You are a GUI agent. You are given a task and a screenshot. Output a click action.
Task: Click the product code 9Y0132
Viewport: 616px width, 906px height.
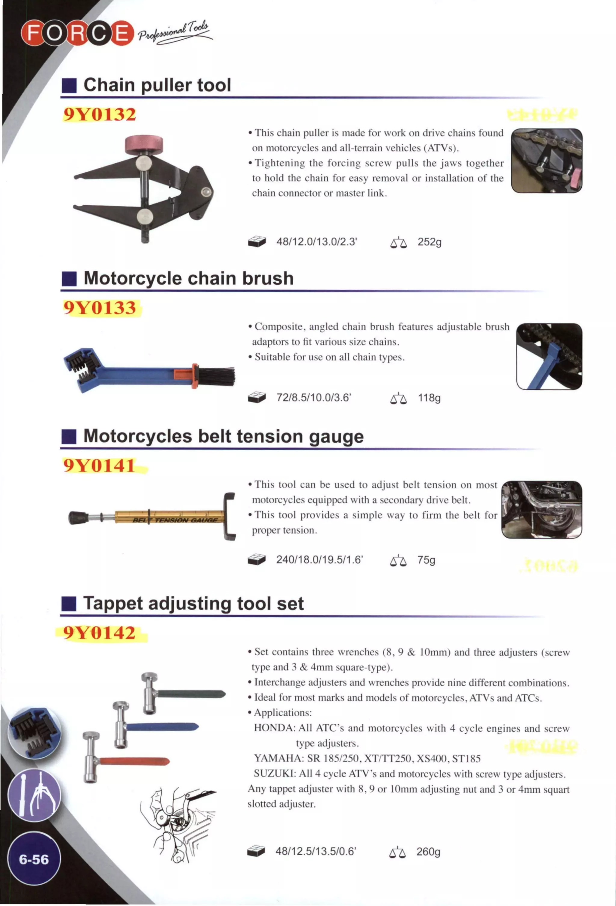coord(100,114)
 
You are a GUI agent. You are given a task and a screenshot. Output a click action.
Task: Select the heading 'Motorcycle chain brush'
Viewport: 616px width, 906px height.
coord(188,278)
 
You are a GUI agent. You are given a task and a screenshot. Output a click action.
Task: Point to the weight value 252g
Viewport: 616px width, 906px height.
coord(429,242)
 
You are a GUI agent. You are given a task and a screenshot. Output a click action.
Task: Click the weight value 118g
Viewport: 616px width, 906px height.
coord(429,398)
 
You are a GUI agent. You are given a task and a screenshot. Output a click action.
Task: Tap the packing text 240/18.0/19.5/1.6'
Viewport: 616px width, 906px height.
coord(319,560)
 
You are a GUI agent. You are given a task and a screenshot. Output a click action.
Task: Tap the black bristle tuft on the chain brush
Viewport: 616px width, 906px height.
coord(217,376)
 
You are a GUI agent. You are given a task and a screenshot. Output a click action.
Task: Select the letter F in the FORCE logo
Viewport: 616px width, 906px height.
coord(33,33)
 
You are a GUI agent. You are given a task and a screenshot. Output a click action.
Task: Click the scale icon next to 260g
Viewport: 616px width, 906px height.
coord(398,853)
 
